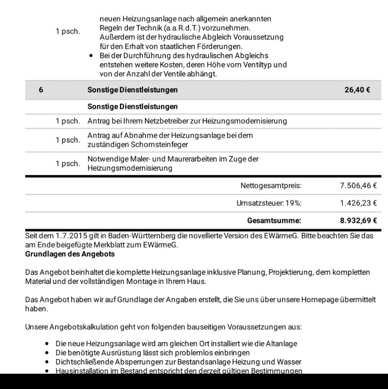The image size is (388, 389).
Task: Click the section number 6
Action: point(41,90)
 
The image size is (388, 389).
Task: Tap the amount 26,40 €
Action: point(357,90)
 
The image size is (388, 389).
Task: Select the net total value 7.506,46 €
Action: point(358,186)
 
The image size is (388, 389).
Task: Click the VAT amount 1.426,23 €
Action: point(358,203)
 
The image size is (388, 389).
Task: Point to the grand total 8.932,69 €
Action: point(358,220)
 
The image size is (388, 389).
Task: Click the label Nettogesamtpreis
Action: point(271,186)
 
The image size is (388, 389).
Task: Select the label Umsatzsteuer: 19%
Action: point(269,203)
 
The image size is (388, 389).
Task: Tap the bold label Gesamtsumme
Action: point(274,220)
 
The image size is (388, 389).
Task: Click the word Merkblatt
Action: point(112,245)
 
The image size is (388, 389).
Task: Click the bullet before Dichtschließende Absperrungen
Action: point(47,362)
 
